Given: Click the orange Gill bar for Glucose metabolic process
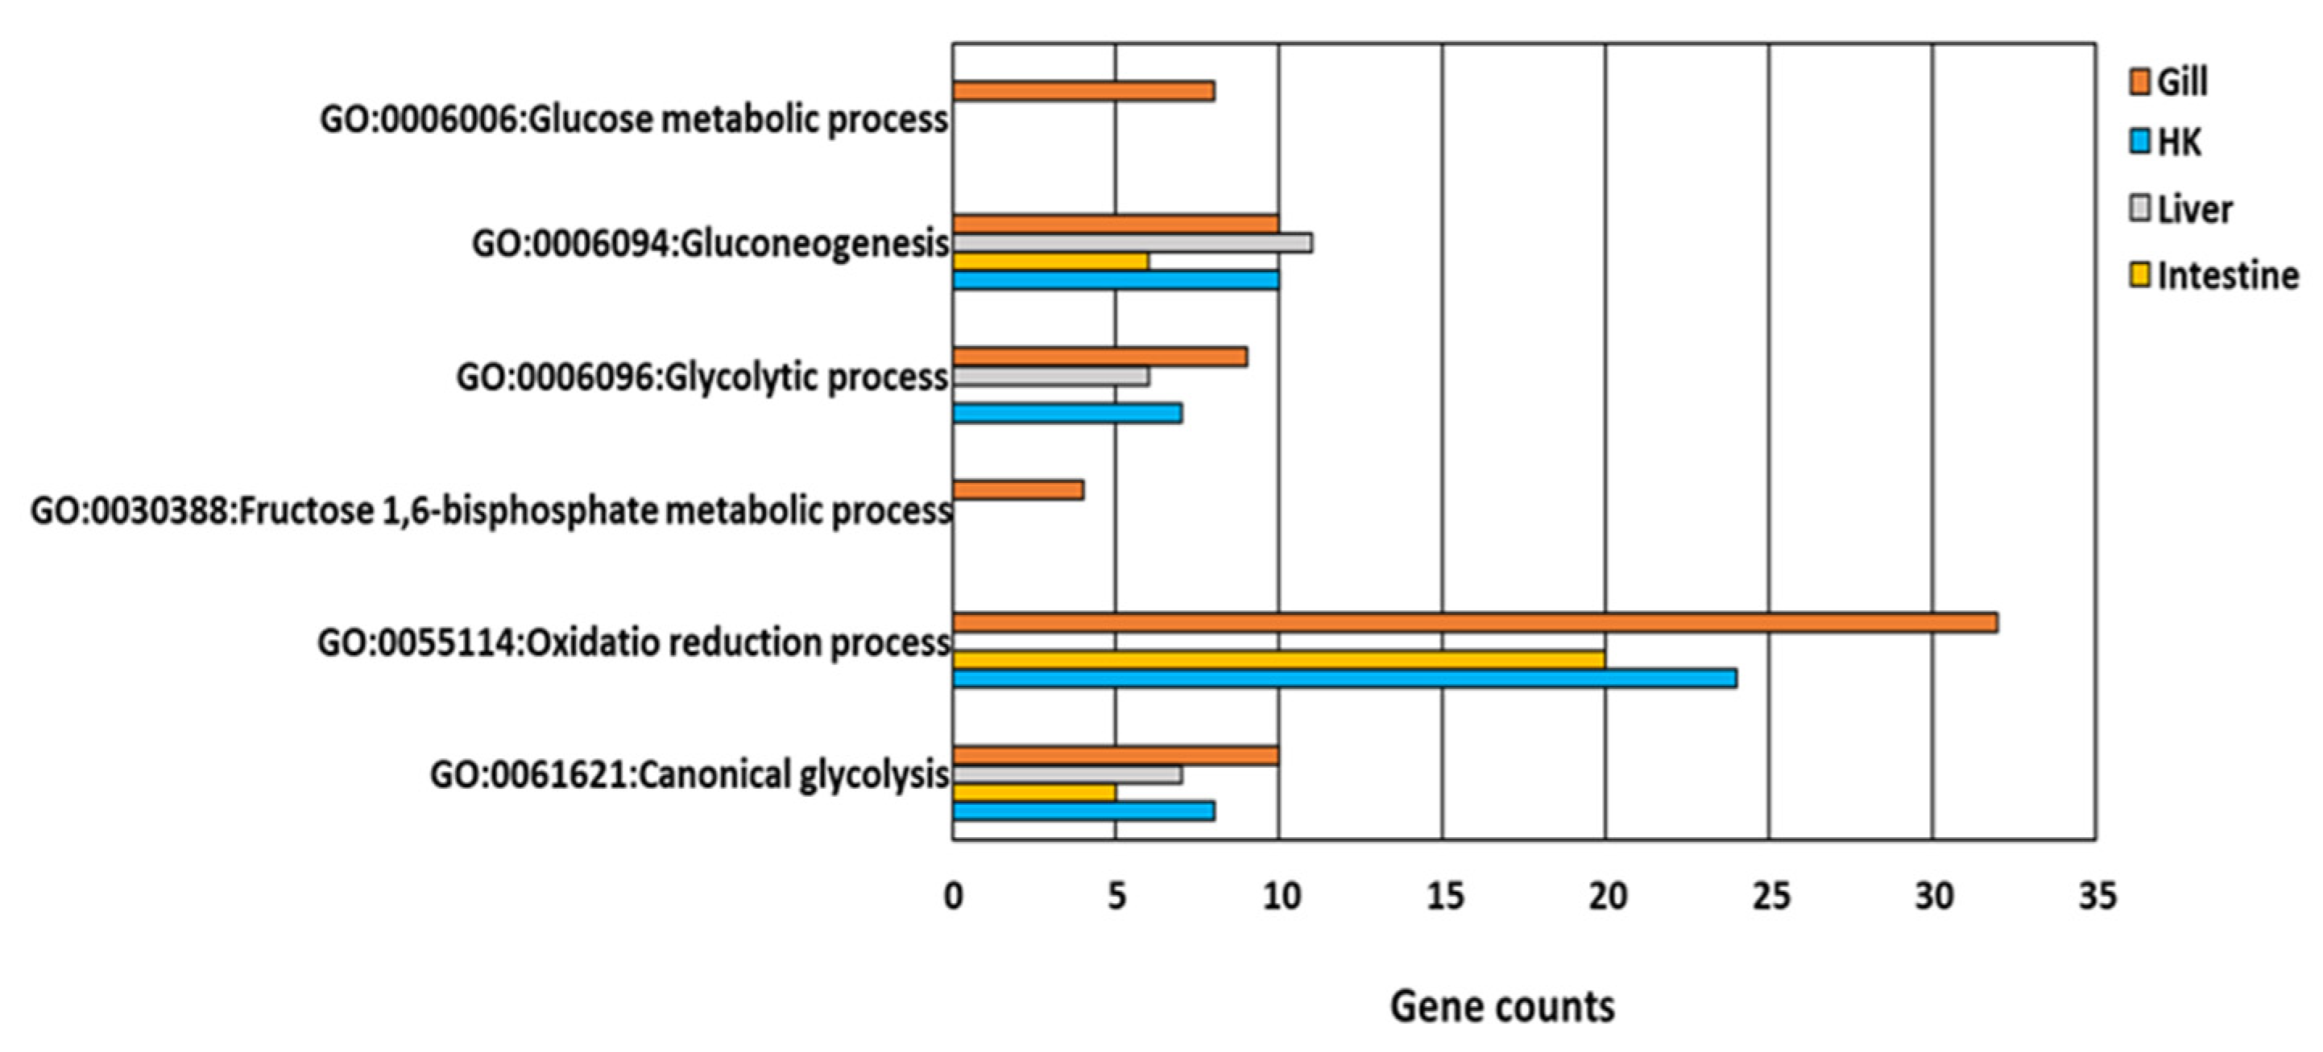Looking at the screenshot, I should (x=1082, y=91).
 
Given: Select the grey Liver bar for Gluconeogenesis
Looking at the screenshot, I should (x=1132, y=243).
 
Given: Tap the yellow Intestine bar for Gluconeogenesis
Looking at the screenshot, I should (x=1050, y=262).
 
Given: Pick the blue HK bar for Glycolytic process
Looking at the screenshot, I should (x=1066, y=414).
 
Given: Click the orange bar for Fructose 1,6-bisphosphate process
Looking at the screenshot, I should (x=1017, y=490).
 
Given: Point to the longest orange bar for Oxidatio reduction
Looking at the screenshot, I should (x=1474, y=623).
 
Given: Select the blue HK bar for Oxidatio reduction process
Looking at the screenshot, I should (x=1344, y=679).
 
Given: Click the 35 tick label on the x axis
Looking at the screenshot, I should (x=2097, y=897).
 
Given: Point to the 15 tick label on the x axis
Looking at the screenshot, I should (x=1443, y=897).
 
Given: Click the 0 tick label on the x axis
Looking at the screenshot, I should (x=953, y=897).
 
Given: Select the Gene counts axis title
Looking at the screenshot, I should (x=1501, y=1007).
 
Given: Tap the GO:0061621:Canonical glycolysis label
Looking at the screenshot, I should (x=689, y=775).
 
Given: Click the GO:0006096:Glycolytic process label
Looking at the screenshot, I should (x=702, y=377).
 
